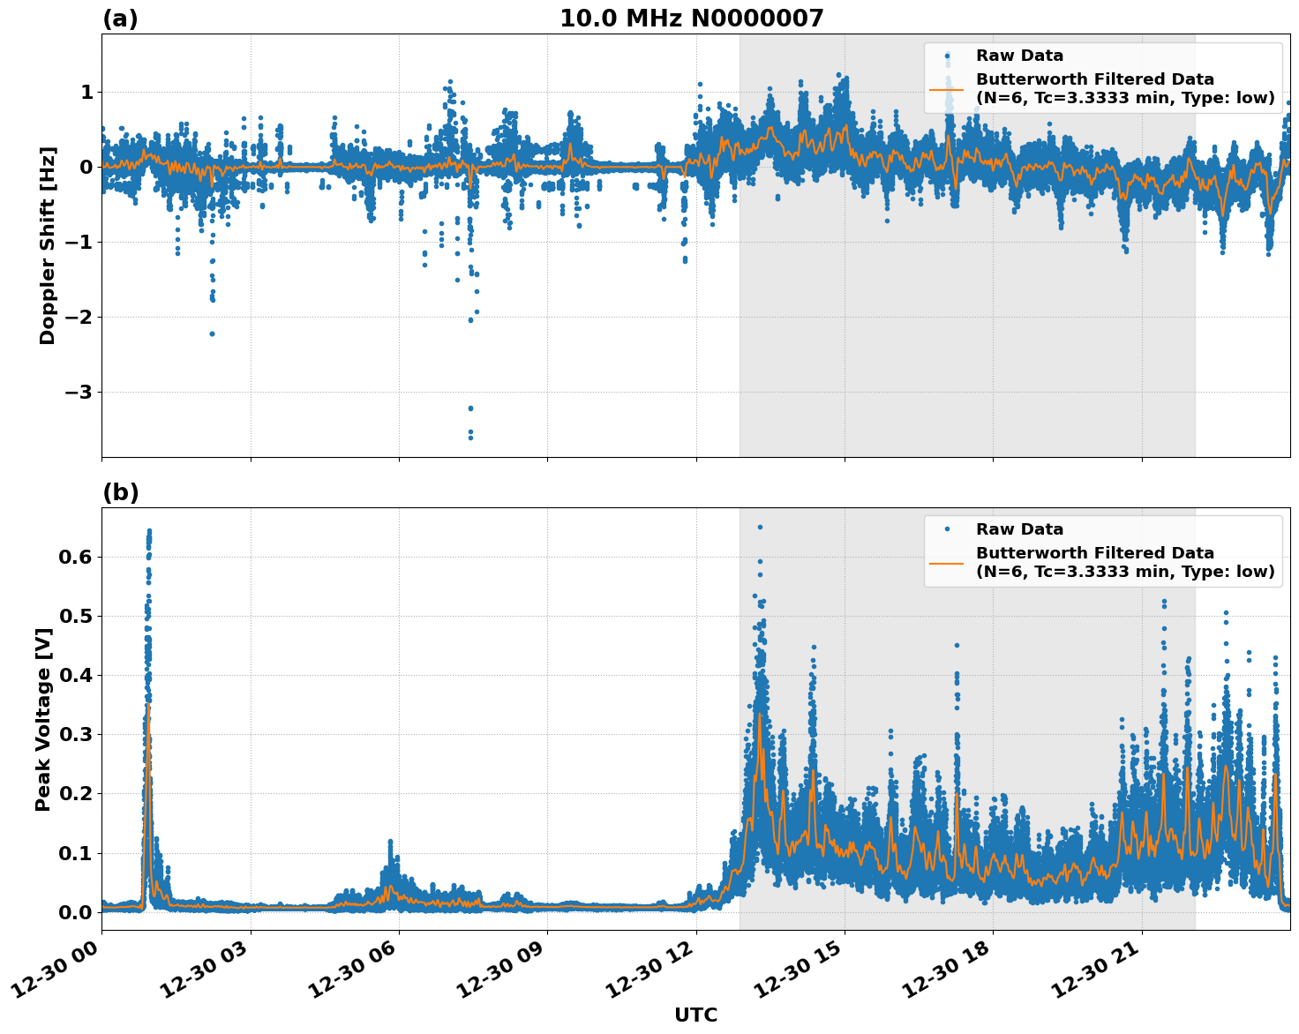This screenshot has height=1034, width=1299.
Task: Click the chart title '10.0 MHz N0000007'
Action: (691, 19)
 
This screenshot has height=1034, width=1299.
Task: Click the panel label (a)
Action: (120, 19)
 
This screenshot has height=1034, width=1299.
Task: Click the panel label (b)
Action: (120, 492)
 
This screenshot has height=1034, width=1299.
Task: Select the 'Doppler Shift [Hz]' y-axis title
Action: (48, 245)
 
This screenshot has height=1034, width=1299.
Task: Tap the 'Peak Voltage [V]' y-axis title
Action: (43, 719)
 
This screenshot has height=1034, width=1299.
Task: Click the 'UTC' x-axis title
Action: (695, 1015)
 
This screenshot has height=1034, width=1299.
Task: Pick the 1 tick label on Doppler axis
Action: (86, 93)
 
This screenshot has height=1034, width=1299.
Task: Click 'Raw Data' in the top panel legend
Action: (1019, 56)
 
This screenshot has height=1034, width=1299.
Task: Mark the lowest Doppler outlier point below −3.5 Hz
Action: (470, 437)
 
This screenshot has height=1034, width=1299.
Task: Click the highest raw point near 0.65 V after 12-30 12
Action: (760, 527)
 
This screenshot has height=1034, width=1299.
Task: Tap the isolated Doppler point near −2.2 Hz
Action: (213, 333)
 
